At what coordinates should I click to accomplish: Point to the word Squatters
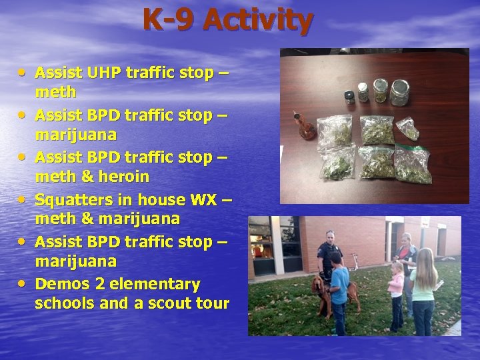[73, 199]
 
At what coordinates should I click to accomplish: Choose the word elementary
[155, 284]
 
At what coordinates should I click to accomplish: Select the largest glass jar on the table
[399, 93]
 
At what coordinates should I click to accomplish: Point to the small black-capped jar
[349, 96]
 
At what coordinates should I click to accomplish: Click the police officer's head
[329, 238]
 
